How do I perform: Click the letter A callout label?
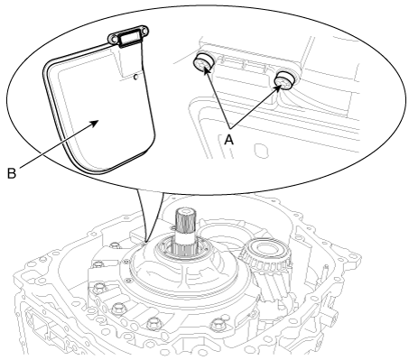(x=229, y=139)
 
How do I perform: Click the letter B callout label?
(x=12, y=173)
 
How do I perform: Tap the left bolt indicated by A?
(x=203, y=62)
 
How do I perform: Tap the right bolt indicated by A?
(x=285, y=80)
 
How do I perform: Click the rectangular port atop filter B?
(x=130, y=39)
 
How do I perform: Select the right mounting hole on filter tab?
(x=144, y=31)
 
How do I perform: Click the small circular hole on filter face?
(x=135, y=78)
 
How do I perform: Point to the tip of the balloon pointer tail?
(x=144, y=242)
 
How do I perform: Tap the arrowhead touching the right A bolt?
(x=278, y=88)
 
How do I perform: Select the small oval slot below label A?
(x=261, y=151)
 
